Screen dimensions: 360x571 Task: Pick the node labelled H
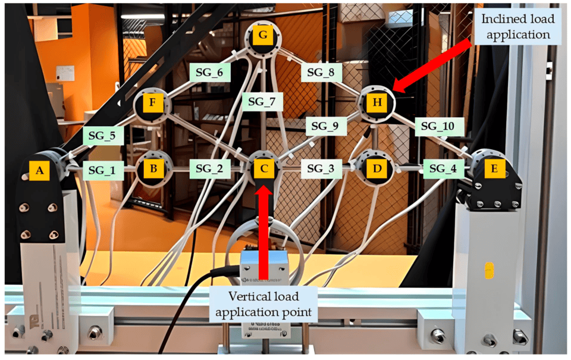(x=377, y=102)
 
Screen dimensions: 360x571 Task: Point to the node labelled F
(x=152, y=102)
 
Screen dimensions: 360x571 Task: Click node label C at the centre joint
(x=263, y=169)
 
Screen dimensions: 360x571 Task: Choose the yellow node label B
(x=153, y=168)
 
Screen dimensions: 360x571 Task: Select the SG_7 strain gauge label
(x=262, y=102)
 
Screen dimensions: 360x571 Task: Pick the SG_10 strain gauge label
(x=438, y=126)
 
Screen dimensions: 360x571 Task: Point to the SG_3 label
(x=321, y=169)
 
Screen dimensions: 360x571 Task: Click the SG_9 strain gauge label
(x=327, y=126)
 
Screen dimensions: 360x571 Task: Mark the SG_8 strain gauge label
(x=321, y=73)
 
